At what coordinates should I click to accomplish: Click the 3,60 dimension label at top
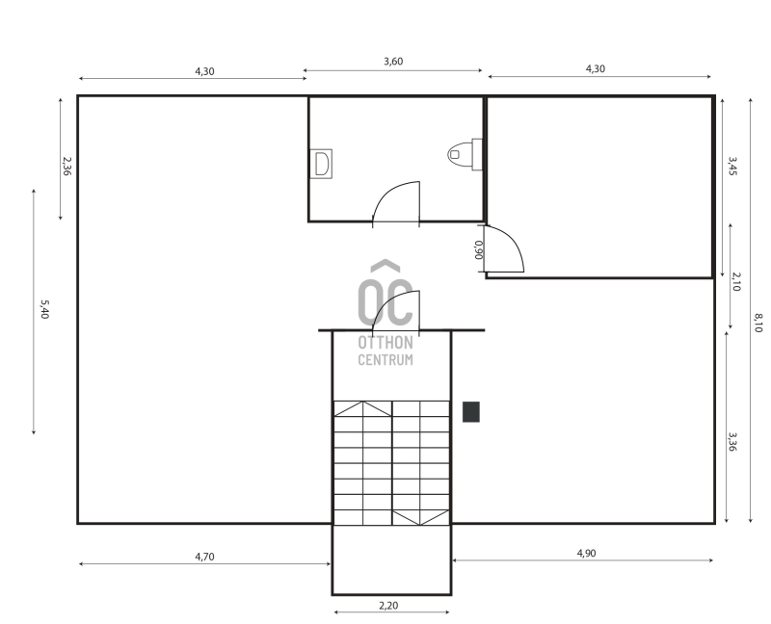(393, 62)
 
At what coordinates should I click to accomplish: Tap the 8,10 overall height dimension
(758, 323)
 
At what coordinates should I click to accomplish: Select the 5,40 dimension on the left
(44, 309)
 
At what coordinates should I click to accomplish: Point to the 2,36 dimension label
(66, 166)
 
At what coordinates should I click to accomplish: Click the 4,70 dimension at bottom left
(204, 557)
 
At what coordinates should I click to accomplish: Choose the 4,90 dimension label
(586, 554)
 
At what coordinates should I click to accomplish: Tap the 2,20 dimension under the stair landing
(388, 606)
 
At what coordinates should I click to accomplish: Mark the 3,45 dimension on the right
(732, 166)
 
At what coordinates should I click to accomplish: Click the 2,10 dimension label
(736, 281)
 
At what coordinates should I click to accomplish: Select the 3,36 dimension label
(732, 442)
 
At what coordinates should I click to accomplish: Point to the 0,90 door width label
(478, 249)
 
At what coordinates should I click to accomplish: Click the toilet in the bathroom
(465, 154)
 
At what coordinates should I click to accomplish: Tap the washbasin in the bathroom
(321, 164)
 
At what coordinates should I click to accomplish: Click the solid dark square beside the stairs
(471, 412)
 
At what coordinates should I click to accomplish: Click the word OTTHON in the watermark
(385, 342)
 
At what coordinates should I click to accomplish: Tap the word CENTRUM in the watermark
(385, 359)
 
